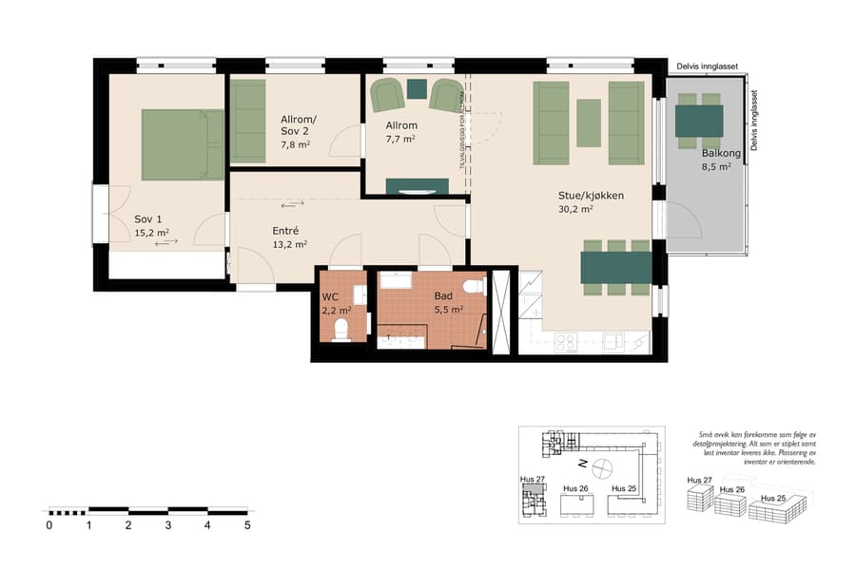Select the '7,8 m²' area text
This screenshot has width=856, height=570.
coord(295,145)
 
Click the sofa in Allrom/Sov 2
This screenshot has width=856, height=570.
coord(248,122)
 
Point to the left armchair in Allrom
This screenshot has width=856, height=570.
coord(387,96)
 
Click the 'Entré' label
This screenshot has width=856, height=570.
coord(285,231)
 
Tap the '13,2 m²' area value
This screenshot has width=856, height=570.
coord(289,244)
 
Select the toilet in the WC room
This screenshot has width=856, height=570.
coord(340,328)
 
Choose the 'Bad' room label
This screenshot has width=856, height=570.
coord(443,295)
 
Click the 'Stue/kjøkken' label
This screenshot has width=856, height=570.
coord(591,196)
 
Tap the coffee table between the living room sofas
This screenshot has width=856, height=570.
coord(589,123)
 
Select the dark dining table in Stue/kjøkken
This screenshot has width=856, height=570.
coord(616,267)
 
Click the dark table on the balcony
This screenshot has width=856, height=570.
coord(699,122)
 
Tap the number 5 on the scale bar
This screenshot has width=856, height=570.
coord(247,524)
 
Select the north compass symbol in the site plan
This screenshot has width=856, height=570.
coord(602,466)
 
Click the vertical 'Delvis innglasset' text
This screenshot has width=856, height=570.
coord(754,121)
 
